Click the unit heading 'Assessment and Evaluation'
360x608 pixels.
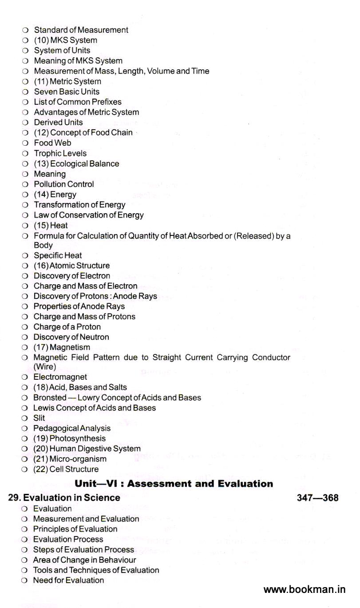pyautogui.click(x=174, y=484)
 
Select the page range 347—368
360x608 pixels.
pyautogui.click(x=317, y=498)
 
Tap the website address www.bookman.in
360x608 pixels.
pyautogui.click(x=304, y=590)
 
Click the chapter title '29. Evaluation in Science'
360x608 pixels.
pyautogui.click(x=64, y=498)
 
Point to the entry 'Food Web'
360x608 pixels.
pyautogui.click(x=52, y=143)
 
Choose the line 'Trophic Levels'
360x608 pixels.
pyautogui.click(x=60, y=153)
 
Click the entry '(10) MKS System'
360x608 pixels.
pyautogui.click(x=65, y=40)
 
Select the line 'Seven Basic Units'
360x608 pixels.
pyautogui.click(x=67, y=92)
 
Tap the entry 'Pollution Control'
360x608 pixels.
pyautogui.click(x=64, y=184)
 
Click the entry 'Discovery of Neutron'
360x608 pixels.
pyautogui.click(x=71, y=337)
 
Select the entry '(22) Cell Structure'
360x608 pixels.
pyautogui.click(x=66, y=469)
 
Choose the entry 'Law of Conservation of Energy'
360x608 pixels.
pyautogui.click(x=89, y=215)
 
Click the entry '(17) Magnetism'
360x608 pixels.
pyautogui.click(x=62, y=347)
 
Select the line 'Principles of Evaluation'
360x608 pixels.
pyautogui.click(x=75, y=529)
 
